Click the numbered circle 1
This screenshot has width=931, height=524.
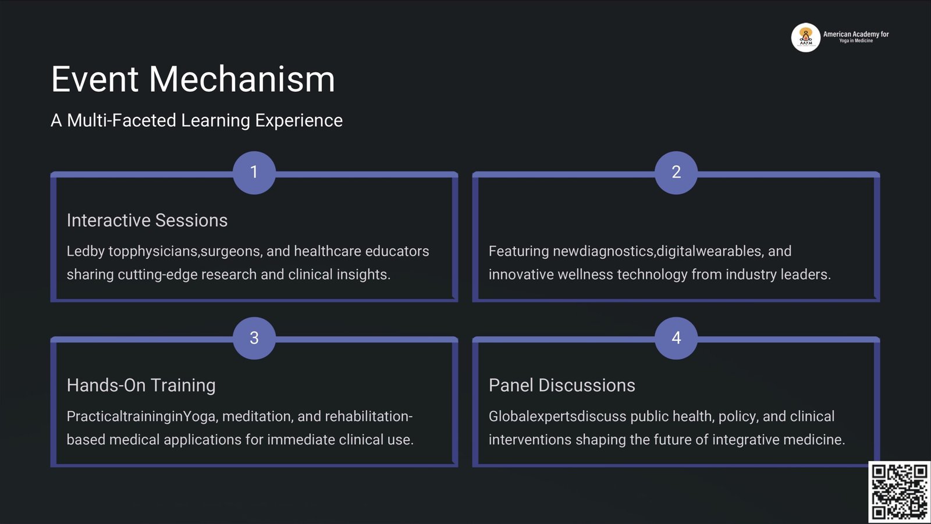point(254,173)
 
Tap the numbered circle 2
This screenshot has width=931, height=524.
point(676,173)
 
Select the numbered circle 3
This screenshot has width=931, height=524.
point(254,338)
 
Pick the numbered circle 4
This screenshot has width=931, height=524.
point(676,338)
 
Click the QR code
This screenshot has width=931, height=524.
point(899,491)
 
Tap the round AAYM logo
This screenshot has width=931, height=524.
point(805,37)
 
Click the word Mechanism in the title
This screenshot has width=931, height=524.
point(242,79)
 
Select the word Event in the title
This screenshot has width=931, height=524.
point(95,79)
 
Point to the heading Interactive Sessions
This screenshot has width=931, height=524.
point(147,220)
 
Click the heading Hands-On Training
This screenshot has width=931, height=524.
point(141,385)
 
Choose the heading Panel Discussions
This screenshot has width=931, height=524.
point(562,385)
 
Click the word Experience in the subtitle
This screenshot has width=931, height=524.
point(299,120)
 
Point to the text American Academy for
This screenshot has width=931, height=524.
point(856,34)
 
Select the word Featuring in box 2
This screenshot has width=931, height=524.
point(518,251)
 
